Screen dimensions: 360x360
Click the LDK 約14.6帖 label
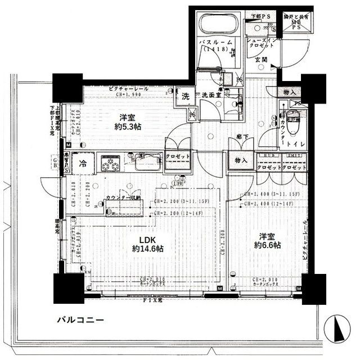(148, 244)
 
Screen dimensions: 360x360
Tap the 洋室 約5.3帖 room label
(129, 122)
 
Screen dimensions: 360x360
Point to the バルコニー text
(80, 320)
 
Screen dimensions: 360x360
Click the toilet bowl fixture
(292, 119)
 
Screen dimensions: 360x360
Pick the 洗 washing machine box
(185, 96)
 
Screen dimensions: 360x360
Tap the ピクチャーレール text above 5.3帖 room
(129, 89)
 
